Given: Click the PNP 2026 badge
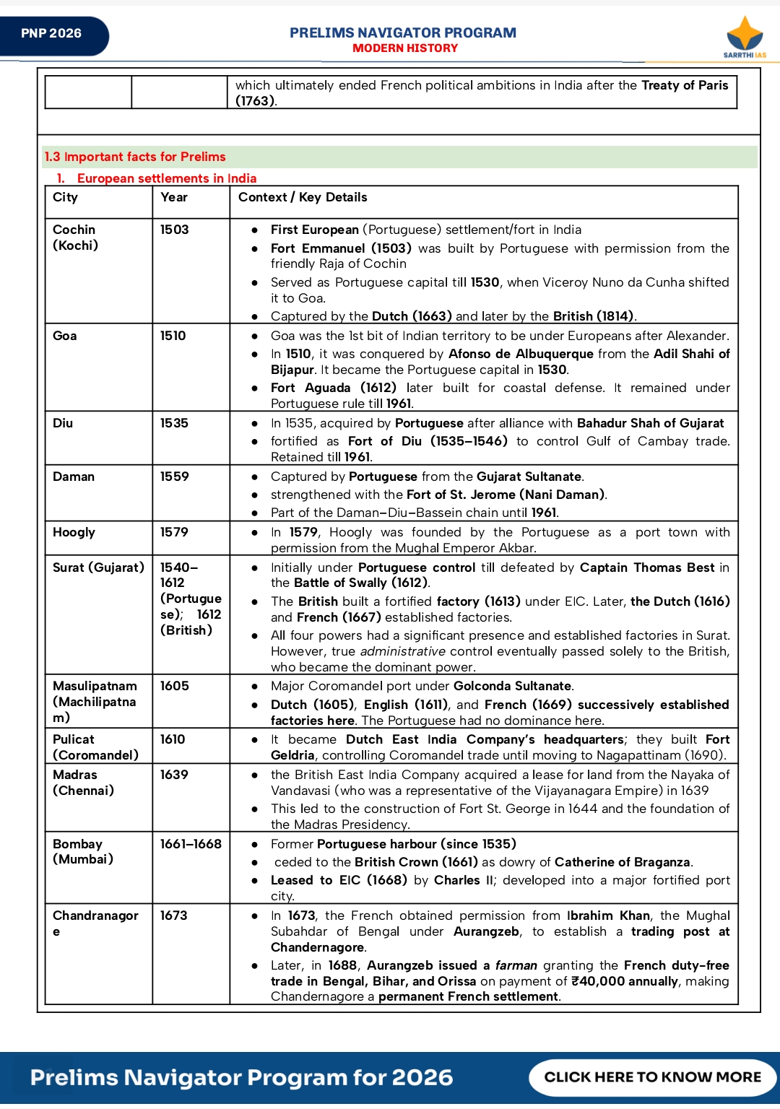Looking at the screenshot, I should click(x=52, y=34).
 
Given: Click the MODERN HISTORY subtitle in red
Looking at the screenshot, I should click(x=405, y=48).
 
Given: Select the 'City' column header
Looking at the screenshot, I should click(x=65, y=198).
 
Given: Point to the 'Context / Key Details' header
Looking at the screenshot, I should click(x=303, y=198).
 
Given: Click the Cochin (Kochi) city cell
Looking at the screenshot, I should click(x=75, y=238).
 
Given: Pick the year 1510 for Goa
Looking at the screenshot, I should click(x=173, y=336).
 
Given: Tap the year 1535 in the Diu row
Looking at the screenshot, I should click(x=174, y=423).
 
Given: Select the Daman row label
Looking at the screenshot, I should click(x=74, y=477).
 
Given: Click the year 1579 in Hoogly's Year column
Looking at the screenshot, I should click(x=174, y=532).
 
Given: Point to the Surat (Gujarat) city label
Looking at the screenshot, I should click(x=98, y=567).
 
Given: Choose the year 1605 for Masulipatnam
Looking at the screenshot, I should click(x=175, y=686).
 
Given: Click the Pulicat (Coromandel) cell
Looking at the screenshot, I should click(x=95, y=747).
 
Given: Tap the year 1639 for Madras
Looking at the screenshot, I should click(x=174, y=775).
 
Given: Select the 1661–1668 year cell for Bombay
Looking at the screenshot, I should click(x=191, y=844).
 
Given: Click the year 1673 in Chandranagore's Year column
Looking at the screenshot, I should click(x=174, y=916).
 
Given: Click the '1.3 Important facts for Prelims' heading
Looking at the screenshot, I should click(x=135, y=157).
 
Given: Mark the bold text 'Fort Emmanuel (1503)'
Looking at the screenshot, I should click(x=341, y=248).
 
